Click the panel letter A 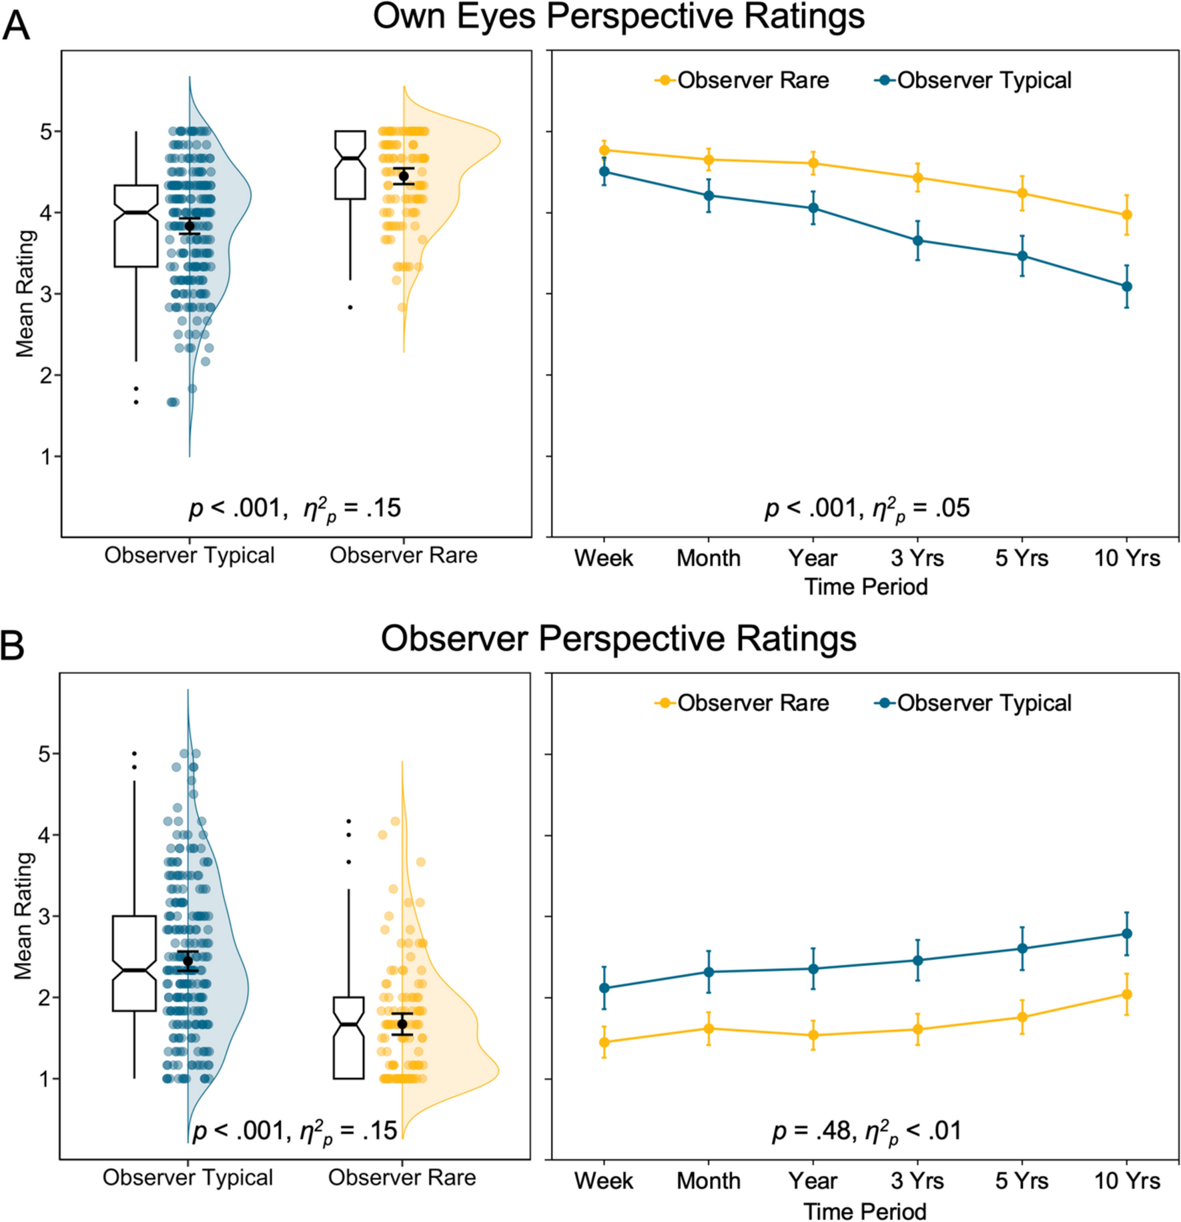pos(16,26)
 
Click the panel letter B pos(13,646)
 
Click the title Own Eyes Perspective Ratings pos(619,17)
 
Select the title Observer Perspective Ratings pos(619,638)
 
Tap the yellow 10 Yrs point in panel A pos(1127,215)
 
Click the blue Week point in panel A pos(605,172)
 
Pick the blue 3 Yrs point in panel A pos(918,240)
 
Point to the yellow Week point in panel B pos(605,1042)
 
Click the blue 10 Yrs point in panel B pos(1127,934)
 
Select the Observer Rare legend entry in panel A pos(743,80)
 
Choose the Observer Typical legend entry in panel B pos(973,703)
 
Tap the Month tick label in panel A pos(709,558)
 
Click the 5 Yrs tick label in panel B pos(1022,1181)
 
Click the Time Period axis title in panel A pos(865,587)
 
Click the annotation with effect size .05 pos(866,509)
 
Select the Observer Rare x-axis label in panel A pos(403,555)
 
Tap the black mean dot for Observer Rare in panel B pos(402,1024)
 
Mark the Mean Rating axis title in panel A pos(25,294)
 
